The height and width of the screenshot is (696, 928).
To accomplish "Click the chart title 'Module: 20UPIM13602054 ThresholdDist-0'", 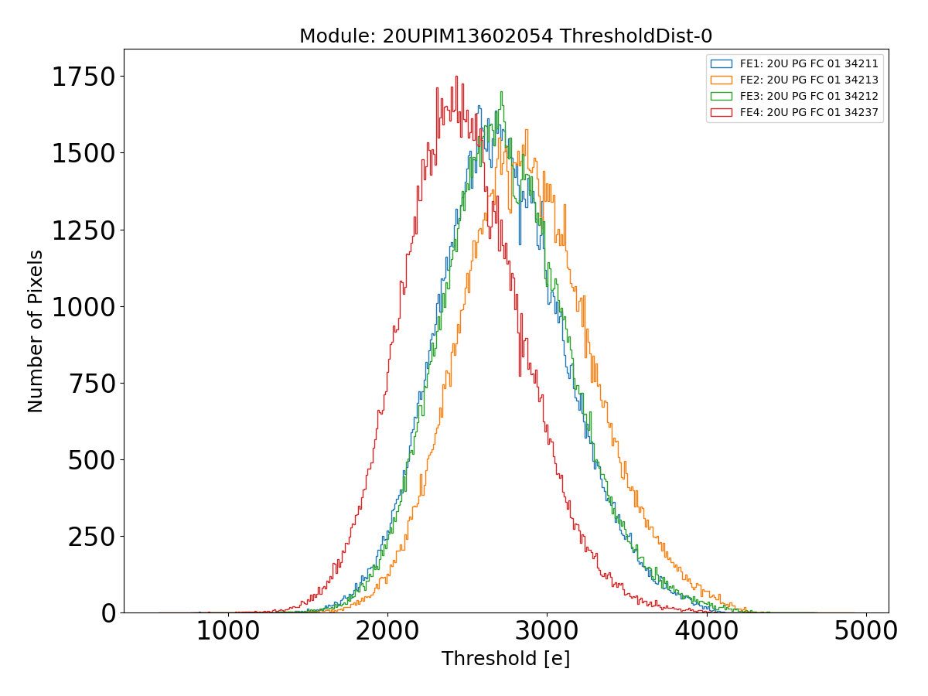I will pos(505,36).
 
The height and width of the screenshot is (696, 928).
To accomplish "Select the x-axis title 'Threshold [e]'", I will pos(505,659).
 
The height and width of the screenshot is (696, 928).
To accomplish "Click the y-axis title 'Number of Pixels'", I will pos(36,331).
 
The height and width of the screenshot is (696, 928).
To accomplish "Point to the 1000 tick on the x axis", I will pos(227,631).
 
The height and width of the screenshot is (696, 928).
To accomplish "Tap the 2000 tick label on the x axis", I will pos(387,631).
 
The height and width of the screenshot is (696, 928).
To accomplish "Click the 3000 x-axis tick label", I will pos(547,631).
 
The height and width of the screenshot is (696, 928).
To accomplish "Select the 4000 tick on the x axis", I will pos(706,631).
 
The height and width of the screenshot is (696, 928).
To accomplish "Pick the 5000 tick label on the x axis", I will pos(865,631).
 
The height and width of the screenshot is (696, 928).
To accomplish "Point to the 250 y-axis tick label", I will pos(92,537).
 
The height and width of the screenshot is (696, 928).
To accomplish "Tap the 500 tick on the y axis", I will pos(92,460).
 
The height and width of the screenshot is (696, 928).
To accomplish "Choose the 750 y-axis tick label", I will pos(92,384).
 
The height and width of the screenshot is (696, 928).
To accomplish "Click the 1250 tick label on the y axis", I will pos(84,230).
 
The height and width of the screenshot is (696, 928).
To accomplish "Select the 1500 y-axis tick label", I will pos(84,154).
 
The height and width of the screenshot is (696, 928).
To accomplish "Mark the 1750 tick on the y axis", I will pos(84,77).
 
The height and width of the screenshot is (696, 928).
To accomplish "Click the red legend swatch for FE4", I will pos(721,113).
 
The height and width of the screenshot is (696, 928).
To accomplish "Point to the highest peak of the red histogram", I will pos(456,77).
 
